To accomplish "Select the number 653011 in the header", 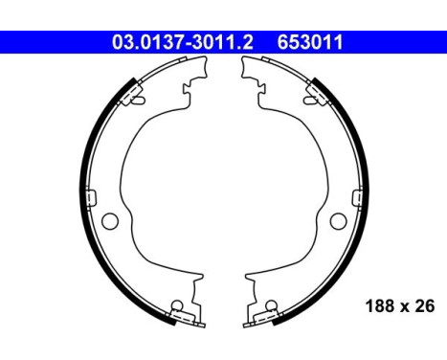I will point(311,42).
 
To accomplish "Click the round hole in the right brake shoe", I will point(337,221).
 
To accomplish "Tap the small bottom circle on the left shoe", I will point(176,308).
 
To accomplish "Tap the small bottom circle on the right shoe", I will point(270,308).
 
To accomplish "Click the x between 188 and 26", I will point(403,308).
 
